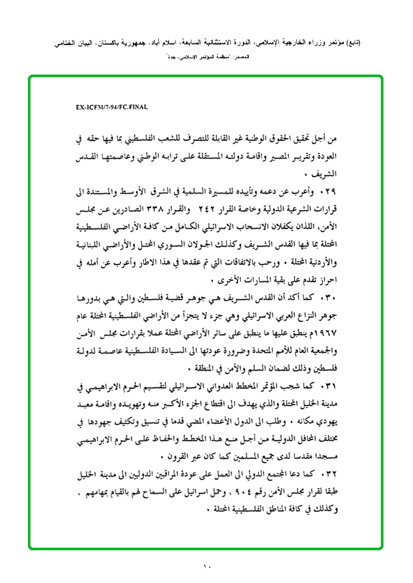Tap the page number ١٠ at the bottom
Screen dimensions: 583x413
click(207, 566)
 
